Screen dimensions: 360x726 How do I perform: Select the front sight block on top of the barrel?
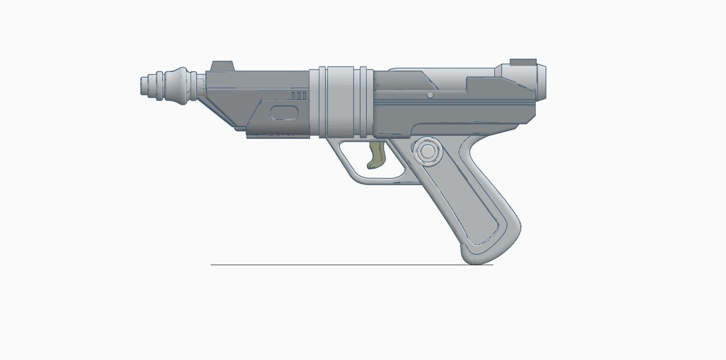tap(222, 66)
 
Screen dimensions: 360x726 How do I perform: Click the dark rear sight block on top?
tap(523, 61)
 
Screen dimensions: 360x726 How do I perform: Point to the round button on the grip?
tap(425, 151)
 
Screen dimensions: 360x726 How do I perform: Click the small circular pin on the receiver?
tap(430, 95)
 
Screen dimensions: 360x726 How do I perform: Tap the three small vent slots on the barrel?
tap(299, 95)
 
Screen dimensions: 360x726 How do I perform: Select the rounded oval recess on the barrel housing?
tap(284, 113)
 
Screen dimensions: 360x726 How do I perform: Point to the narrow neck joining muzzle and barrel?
tap(200, 86)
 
